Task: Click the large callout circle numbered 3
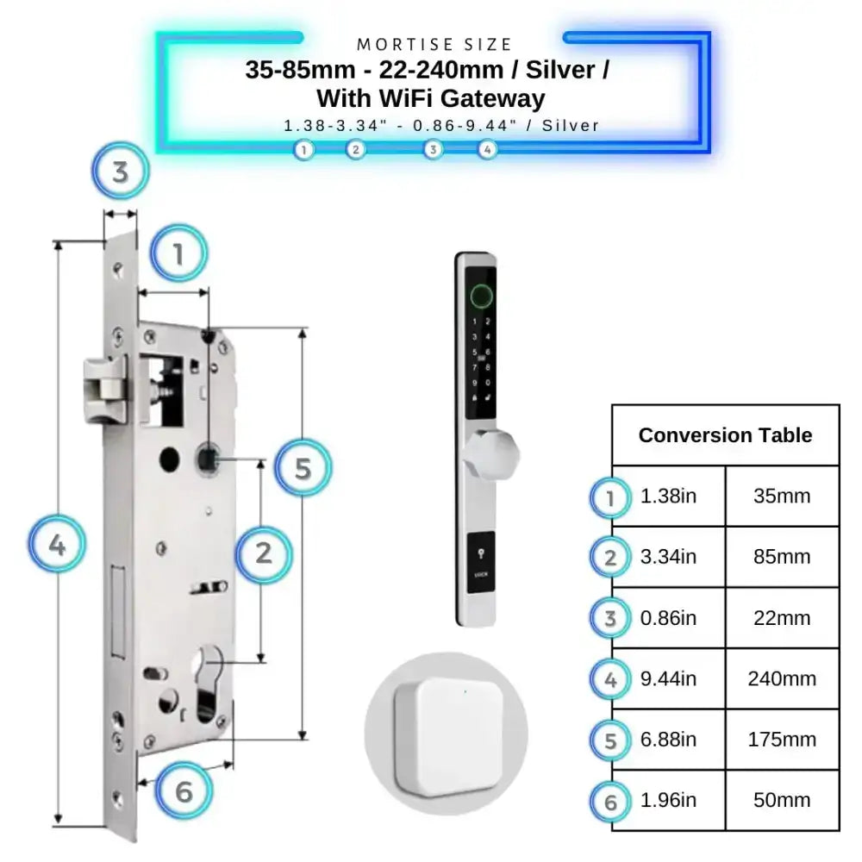coord(121,172)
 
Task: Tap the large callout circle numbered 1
coord(179,254)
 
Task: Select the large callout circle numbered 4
coord(57,545)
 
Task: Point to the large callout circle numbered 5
coord(303,469)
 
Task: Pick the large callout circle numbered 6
coord(184,791)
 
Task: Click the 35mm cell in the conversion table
coord(782,497)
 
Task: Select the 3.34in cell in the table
coord(669,557)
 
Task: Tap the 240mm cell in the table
coord(782,678)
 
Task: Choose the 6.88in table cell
coord(669,740)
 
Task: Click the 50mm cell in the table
coord(782,800)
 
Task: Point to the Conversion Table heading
coord(725,435)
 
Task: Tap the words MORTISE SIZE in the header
coord(434,44)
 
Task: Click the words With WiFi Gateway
coord(431,98)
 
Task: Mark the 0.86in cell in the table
coord(669,618)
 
